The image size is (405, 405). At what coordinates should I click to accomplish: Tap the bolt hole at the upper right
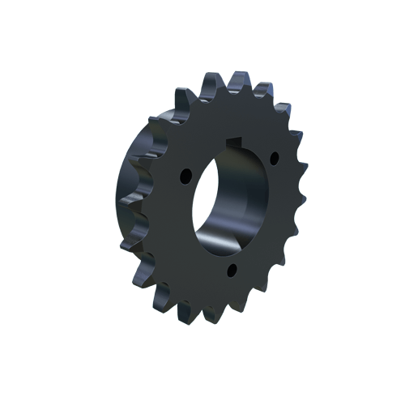(x=273, y=155)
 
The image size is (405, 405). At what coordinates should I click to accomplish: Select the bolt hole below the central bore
(x=232, y=270)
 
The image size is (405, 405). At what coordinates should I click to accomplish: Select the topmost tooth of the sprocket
(x=240, y=79)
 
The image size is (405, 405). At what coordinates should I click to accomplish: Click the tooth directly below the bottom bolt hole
(x=232, y=312)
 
